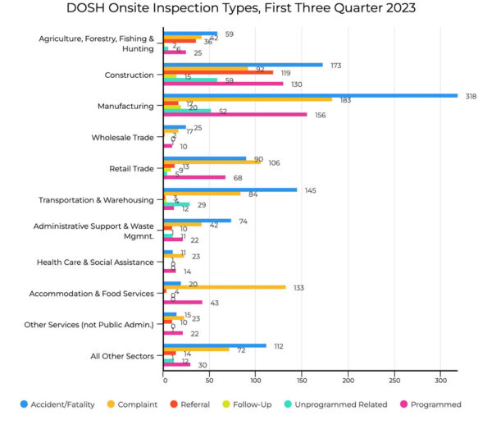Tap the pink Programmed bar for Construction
[x=223, y=84]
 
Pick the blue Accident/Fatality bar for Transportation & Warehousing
[x=230, y=189]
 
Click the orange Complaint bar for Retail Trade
[x=212, y=162]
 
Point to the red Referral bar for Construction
[x=218, y=72]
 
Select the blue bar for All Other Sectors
[x=215, y=345]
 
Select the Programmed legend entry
[x=433, y=404]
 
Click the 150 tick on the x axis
[x=302, y=381]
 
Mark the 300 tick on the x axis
[x=441, y=381]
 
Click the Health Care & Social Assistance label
[x=95, y=262]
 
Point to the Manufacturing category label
[x=125, y=106]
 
